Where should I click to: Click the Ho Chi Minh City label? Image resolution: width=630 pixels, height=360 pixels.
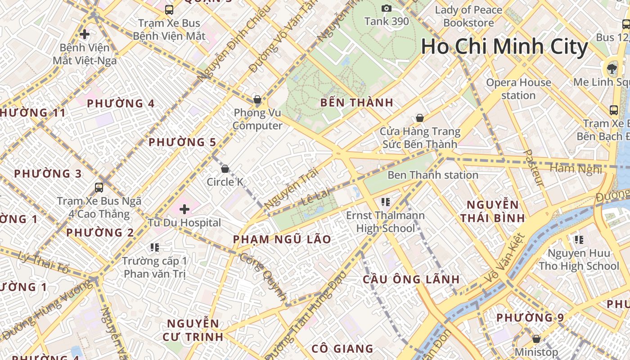pos(504,47)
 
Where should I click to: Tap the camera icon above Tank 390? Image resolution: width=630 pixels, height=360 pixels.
pos(386,8)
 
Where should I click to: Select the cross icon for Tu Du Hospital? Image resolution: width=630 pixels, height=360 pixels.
pos(184,209)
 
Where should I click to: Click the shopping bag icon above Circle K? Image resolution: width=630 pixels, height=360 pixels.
pos(225,169)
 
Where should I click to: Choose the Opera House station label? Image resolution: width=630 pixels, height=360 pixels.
pos(518,89)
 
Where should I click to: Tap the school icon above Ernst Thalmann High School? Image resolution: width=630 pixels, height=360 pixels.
pos(385,202)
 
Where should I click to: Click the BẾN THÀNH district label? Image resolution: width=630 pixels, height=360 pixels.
pos(357,103)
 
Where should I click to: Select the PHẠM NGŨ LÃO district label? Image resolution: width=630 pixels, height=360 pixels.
pos(282,239)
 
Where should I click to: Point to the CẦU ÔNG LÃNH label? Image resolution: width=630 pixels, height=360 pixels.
pos(411,279)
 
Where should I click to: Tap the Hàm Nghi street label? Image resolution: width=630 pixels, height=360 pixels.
pos(576,169)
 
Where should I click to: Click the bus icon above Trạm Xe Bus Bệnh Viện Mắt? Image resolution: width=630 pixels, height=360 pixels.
pos(169,9)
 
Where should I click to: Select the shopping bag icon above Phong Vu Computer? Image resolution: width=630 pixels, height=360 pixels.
pos(257,99)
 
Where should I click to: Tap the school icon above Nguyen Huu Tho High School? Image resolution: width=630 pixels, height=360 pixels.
pos(579,239)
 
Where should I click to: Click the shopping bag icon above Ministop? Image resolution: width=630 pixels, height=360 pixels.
pos(536,338)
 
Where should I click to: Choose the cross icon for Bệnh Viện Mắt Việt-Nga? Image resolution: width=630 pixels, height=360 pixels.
pos(84,34)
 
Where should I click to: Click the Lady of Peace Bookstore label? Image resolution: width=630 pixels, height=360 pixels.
pos(468,16)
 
